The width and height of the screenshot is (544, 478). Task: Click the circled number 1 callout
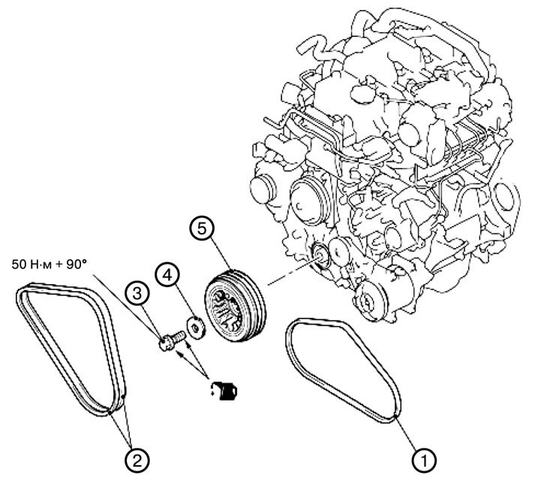[424, 460]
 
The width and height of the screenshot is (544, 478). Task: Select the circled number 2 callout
[137, 461]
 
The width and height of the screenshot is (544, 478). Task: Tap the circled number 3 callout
[138, 294]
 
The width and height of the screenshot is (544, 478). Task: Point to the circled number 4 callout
[167, 275]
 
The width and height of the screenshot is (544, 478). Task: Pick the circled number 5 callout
[203, 228]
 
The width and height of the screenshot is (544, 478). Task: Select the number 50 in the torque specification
[19, 265]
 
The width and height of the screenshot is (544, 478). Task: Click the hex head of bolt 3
[165, 343]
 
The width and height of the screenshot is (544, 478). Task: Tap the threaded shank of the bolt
[179, 337]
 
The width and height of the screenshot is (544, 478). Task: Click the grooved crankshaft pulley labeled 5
[236, 306]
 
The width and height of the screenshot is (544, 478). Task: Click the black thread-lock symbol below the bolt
[224, 391]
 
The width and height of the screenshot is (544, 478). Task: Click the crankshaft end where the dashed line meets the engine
[319, 256]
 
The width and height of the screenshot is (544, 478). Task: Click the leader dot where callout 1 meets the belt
[395, 416]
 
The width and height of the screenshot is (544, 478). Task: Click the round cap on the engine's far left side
[263, 189]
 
